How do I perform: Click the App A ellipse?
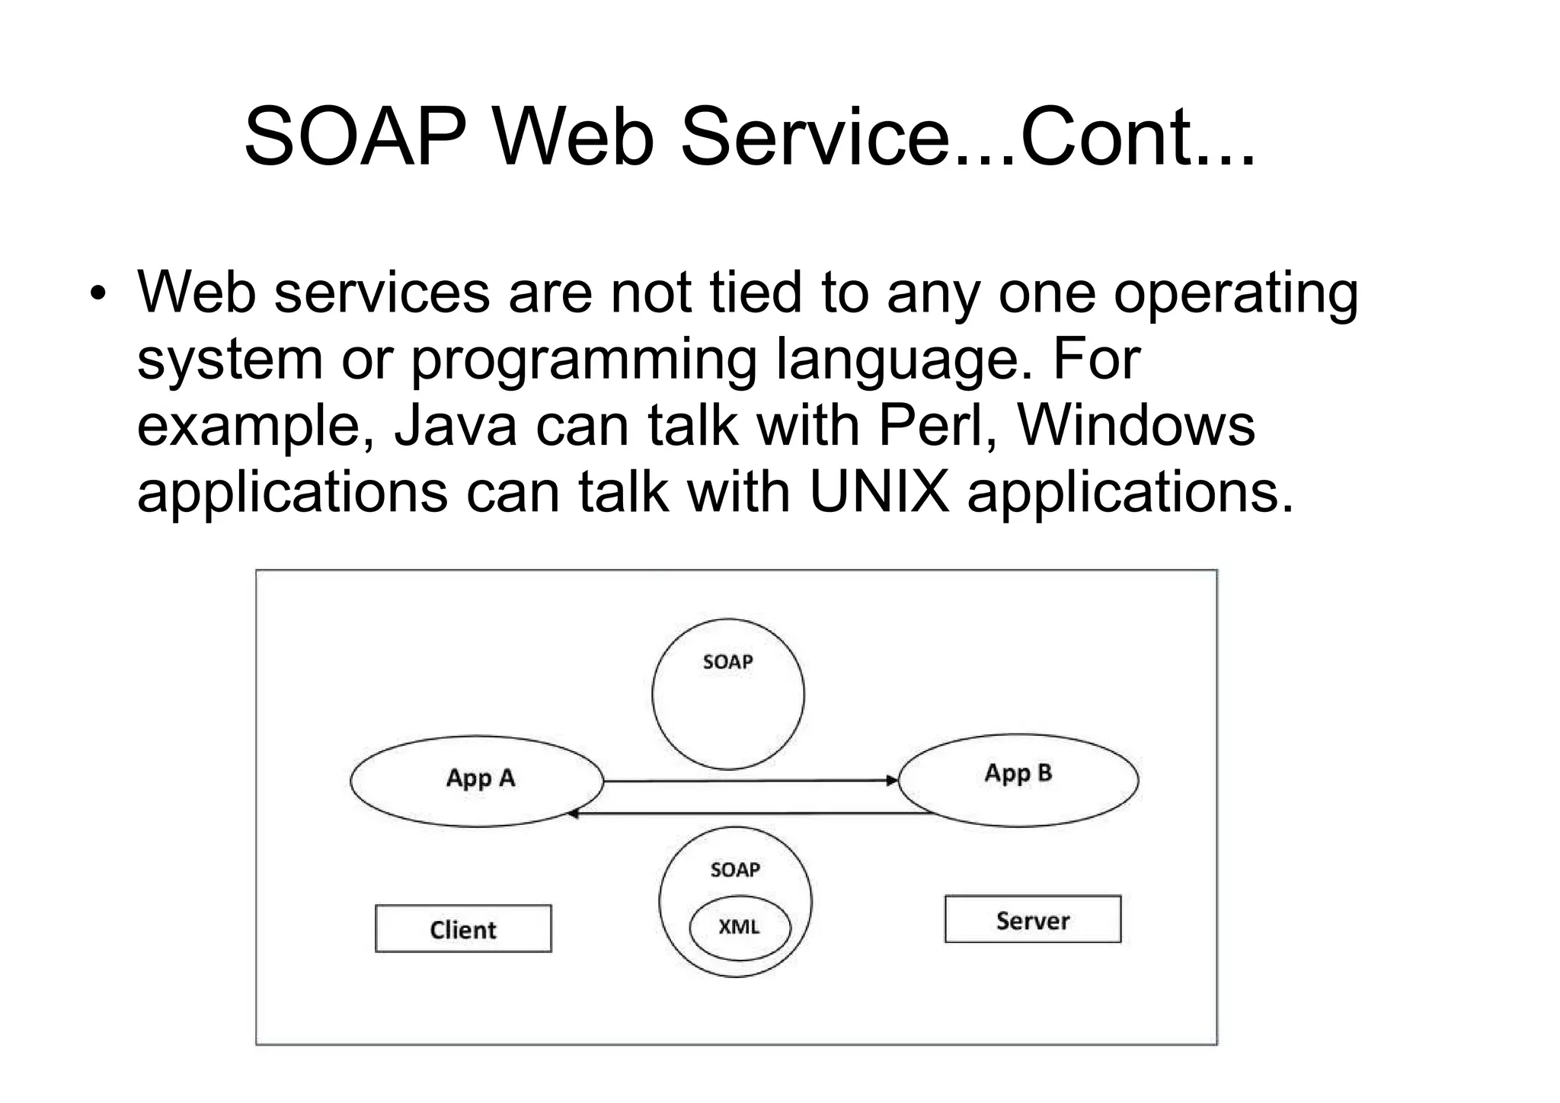pyautogui.click(x=477, y=781)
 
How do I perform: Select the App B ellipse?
pyautogui.click(x=1018, y=779)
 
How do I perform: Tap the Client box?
pyautogui.click(x=463, y=929)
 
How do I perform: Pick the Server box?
pyautogui.click(x=1032, y=919)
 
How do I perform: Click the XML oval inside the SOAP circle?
pyautogui.click(x=740, y=929)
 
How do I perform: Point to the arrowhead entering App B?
pyautogui.click(x=891, y=780)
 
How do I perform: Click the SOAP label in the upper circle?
pyautogui.click(x=727, y=662)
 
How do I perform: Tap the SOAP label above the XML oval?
pyautogui.click(x=735, y=870)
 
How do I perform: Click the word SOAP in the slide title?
pyautogui.click(x=355, y=138)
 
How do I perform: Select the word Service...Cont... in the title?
pyautogui.click(x=967, y=138)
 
